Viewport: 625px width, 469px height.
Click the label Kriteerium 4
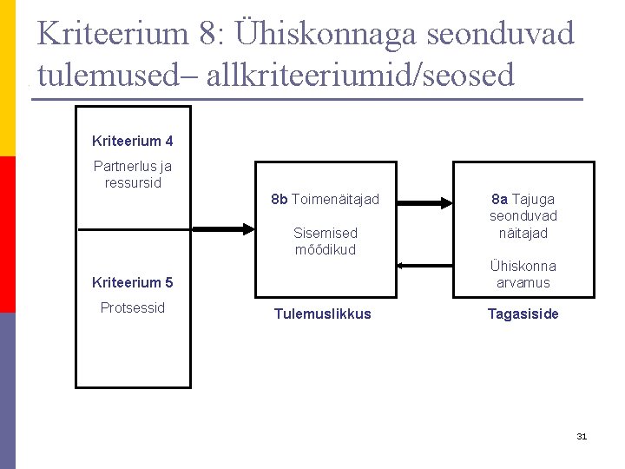coord(133,141)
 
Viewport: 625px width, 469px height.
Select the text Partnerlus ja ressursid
coord(133,175)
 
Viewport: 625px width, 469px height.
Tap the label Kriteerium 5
coord(133,282)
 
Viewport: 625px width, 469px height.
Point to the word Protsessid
coord(133,308)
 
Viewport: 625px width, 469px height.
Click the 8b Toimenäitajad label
coord(325,199)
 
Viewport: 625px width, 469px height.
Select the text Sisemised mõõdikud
coord(325,241)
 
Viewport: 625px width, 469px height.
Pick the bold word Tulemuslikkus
coord(322,314)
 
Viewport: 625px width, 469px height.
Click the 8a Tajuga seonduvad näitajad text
coord(523,215)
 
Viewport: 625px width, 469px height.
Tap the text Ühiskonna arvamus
coord(523,274)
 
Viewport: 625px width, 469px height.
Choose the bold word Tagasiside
coord(523,314)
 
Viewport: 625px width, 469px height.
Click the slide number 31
coord(582,436)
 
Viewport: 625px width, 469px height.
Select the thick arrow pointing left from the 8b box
coord(222,229)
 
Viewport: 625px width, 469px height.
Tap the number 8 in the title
coord(211,35)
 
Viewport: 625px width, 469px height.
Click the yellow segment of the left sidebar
coord(7,78)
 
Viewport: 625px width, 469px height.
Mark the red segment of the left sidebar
coord(7,234)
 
